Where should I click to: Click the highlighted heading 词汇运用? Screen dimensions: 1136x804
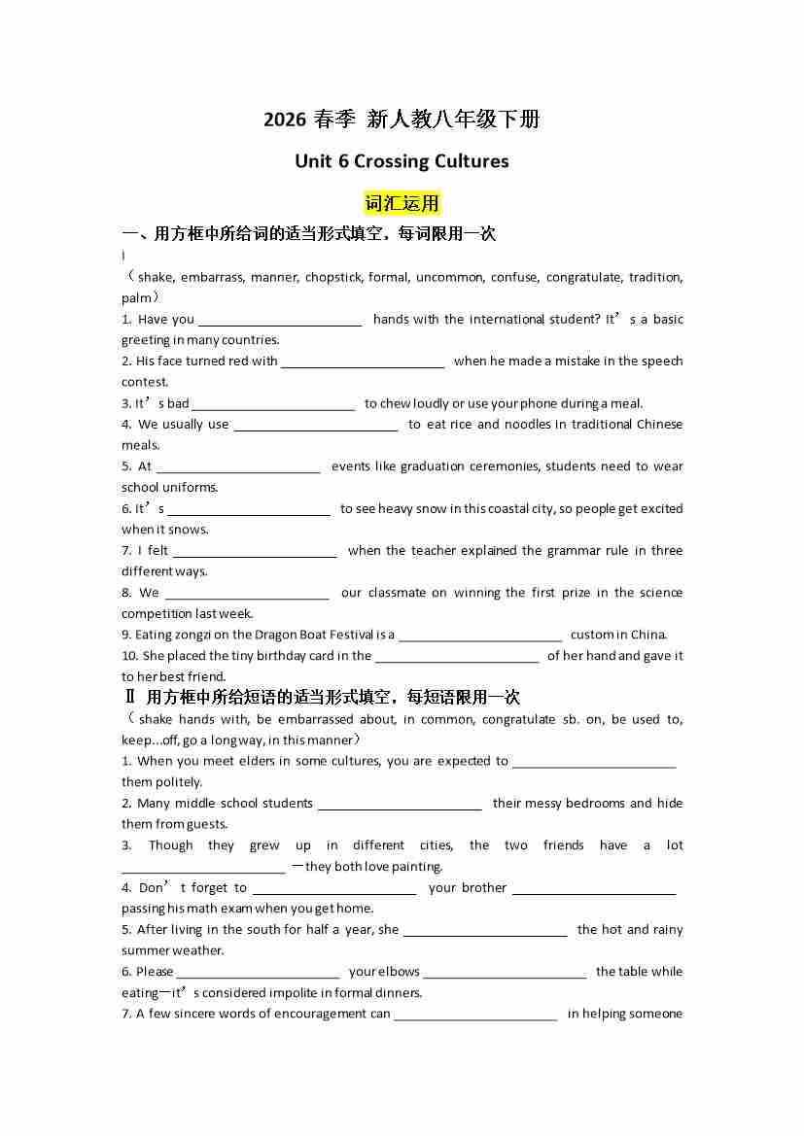click(x=402, y=203)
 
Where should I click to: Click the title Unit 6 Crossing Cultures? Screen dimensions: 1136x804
click(x=402, y=161)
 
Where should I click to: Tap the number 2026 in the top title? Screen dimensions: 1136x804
click(x=285, y=120)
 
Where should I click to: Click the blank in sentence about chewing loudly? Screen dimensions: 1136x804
click(x=273, y=404)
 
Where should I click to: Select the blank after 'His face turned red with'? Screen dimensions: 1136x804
click(x=363, y=361)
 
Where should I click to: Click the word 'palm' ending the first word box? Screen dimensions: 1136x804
click(x=136, y=298)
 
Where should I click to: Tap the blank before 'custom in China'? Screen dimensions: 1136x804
click(x=480, y=636)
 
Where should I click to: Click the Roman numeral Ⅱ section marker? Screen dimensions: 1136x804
click(x=129, y=698)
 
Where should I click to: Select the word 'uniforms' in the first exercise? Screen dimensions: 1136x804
click(x=192, y=488)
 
